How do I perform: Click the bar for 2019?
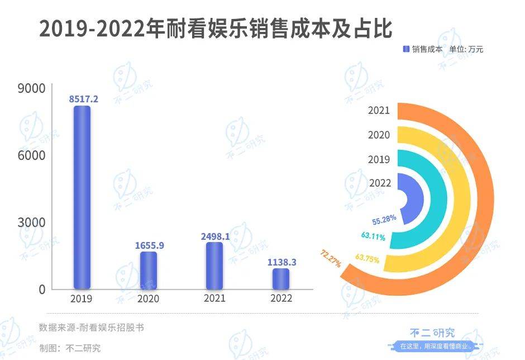point(82,197)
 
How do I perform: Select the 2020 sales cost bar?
point(148,271)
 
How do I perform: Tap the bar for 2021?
point(214,266)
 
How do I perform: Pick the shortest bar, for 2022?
point(281,279)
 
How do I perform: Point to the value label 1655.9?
point(149,245)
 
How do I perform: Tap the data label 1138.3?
point(281,261)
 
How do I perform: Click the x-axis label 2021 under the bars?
point(214,299)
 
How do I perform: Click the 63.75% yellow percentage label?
point(367,258)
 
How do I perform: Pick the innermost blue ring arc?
point(416,198)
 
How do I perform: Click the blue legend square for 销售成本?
point(406,49)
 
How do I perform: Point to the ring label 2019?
point(379,159)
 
